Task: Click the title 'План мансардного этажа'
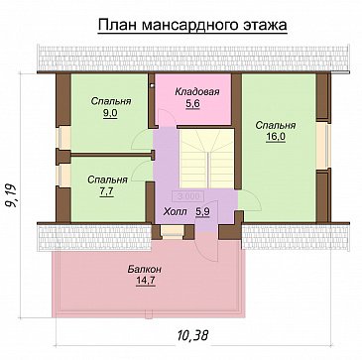190,24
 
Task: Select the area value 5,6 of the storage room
195,104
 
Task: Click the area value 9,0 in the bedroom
109,114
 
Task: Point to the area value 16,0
274,138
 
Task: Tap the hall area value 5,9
200,210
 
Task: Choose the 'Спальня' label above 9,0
109,102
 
